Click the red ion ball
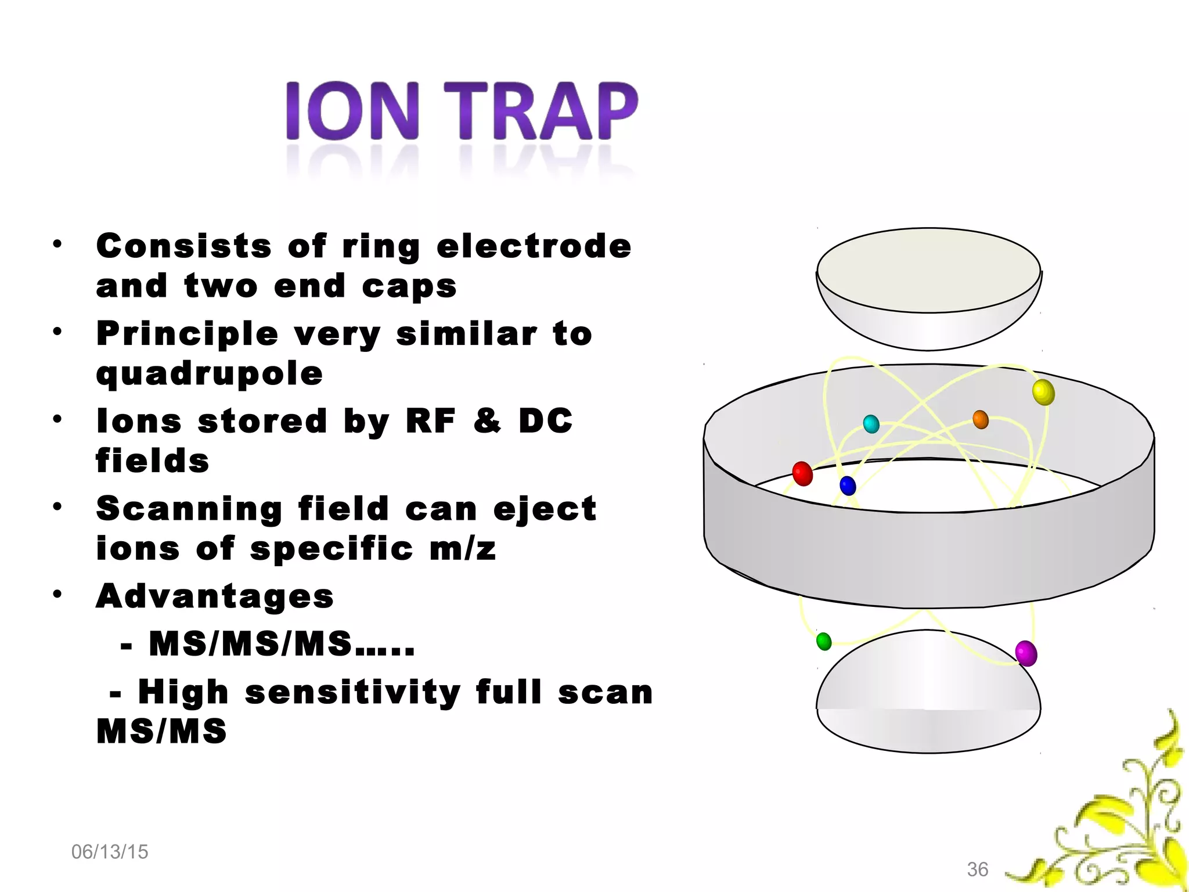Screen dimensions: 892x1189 click(x=802, y=473)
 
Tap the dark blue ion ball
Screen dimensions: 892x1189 click(x=848, y=485)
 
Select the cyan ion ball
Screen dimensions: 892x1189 click(x=871, y=424)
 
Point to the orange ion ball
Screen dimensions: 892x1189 click(x=980, y=419)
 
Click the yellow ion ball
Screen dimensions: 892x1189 click(x=1043, y=392)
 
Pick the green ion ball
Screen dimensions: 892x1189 click(x=823, y=641)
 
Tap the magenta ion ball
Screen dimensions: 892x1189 click(x=1026, y=653)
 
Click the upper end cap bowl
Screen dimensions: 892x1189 click(x=928, y=290)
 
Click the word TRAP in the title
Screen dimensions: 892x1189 click(x=541, y=111)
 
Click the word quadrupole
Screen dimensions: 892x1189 click(x=209, y=373)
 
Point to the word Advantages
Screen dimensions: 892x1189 click(x=215, y=596)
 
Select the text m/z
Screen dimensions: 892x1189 click(x=463, y=549)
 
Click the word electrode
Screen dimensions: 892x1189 click(x=534, y=246)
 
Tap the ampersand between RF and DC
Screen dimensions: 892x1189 click(x=487, y=420)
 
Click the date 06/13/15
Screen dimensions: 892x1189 click(x=110, y=852)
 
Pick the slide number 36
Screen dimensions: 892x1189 click(x=977, y=869)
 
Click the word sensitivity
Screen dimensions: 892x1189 click(x=352, y=693)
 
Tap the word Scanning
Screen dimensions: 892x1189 click(x=189, y=509)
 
